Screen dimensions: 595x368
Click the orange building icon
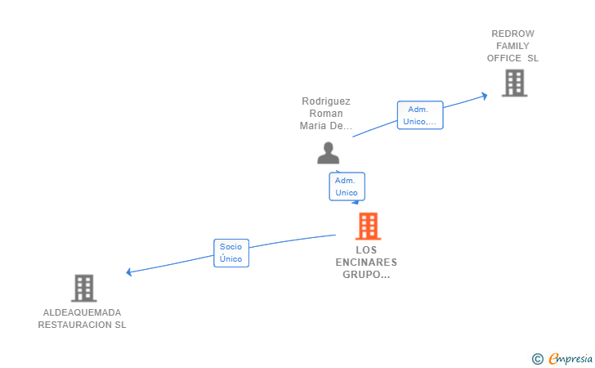coord(368,227)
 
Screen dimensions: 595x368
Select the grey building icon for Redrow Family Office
coord(515,83)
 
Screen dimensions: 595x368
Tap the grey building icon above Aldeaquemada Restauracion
coord(84,288)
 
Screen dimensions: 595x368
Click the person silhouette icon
coord(329,153)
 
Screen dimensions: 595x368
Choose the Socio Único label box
coord(231,253)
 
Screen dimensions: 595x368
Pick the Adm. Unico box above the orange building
coord(347,186)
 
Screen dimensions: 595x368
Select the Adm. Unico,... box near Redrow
coord(420,115)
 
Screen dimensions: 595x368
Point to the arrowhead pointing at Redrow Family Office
coord(485,96)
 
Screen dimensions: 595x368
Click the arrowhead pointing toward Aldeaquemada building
coord(129,272)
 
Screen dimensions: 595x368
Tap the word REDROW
coord(512,34)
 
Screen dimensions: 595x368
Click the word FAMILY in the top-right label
coord(512,46)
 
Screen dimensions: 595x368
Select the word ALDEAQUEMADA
coord(82,312)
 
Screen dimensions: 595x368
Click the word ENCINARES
coord(366,262)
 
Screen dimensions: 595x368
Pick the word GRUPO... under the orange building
coord(366,274)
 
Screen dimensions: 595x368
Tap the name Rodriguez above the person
coord(326,101)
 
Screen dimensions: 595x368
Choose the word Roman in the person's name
coord(326,113)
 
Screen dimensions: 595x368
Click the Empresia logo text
coord(570,358)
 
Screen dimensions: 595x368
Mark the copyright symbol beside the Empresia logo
coord(537,359)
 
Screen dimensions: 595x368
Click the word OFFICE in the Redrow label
coord(504,58)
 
